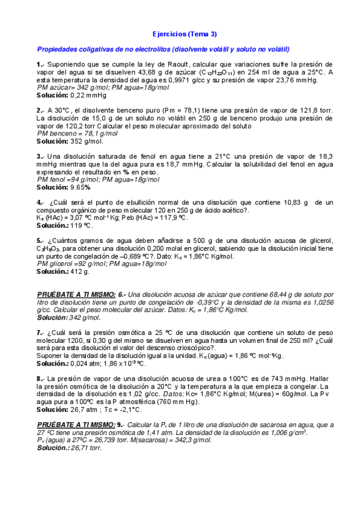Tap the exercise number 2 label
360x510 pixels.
39,111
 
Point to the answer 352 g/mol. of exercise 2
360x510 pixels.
87,142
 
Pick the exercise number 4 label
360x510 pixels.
39,203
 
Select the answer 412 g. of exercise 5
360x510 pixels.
79,271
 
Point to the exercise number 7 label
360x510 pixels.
39,332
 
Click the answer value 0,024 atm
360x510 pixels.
86,363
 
